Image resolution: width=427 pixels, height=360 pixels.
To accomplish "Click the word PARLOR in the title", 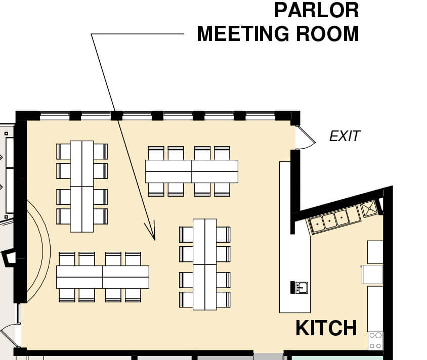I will click(x=316, y=10).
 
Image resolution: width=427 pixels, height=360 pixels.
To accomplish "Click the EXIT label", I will click(x=345, y=136).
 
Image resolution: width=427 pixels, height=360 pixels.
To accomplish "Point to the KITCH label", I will click(x=326, y=328).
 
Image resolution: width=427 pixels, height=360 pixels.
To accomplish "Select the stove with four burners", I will click(x=375, y=340).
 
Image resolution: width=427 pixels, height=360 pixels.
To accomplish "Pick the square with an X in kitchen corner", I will click(x=369, y=208).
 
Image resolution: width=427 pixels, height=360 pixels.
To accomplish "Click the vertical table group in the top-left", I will click(x=81, y=186).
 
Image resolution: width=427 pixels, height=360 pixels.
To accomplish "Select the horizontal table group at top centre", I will click(x=191, y=171).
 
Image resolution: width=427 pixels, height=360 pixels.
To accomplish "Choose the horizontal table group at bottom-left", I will click(x=102, y=277).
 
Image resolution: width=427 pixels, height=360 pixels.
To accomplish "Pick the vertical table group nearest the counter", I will click(x=204, y=264).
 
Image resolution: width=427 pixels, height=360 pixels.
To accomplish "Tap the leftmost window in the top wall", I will click(x=54, y=115).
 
